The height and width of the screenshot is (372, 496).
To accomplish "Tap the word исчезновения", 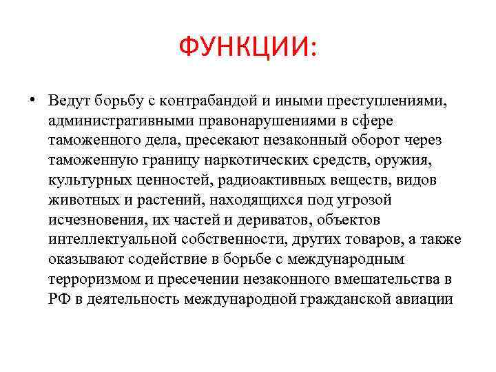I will (x=90, y=220).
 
